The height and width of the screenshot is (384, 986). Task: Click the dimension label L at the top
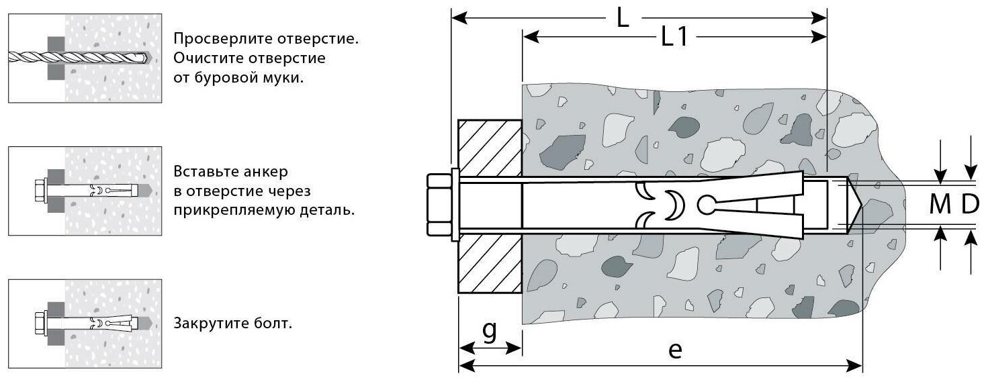coord(623,17)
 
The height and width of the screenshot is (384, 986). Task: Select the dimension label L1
coord(674,38)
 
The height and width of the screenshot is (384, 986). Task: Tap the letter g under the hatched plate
coord(490,331)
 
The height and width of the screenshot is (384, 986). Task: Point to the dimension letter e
coord(676,349)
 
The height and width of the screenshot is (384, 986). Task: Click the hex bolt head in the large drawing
coord(439,205)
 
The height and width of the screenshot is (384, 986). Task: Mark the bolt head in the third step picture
coord(40,324)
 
